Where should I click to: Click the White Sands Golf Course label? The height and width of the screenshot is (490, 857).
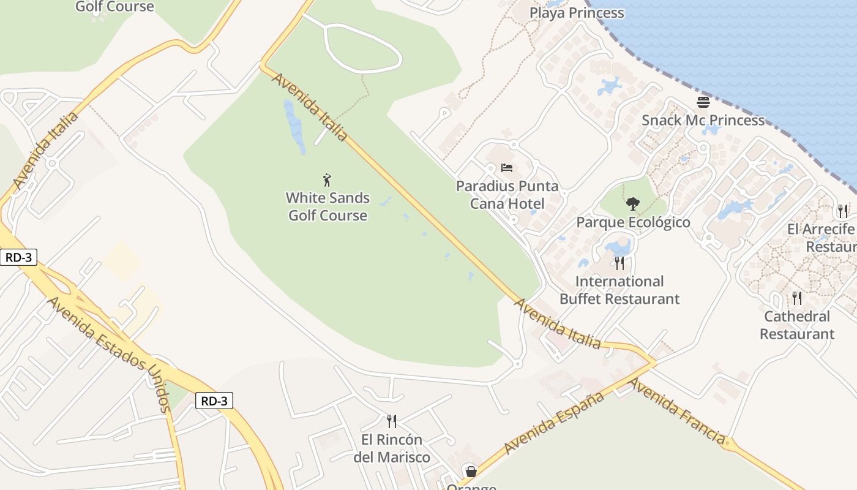click(328, 206)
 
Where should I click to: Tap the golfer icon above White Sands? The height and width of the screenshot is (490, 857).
click(327, 180)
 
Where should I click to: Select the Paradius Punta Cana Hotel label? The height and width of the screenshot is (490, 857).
click(507, 195)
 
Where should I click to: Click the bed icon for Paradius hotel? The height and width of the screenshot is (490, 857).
click(506, 168)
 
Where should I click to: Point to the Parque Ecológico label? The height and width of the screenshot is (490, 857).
click(633, 222)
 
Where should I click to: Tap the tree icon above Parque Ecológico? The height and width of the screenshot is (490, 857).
click(633, 203)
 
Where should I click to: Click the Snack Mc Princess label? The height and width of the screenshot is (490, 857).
click(703, 120)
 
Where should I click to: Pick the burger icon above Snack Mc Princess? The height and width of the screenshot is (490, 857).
click(703, 102)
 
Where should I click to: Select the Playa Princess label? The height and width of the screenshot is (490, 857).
click(577, 13)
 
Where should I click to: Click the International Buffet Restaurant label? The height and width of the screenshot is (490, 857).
click(619, 290)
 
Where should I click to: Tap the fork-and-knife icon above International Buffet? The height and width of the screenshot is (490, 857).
click(619, 263)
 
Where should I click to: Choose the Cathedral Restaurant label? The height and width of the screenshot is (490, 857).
click(797, 325)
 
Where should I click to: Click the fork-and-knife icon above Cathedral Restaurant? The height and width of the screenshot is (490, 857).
click(797, 298)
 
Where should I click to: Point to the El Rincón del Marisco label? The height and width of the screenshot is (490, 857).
click(392, 448)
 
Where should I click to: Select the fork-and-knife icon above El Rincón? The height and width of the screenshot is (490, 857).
click(392, 421)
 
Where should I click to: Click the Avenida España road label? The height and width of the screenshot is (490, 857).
click(554, 423)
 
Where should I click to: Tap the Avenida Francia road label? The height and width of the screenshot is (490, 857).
click(677, 411)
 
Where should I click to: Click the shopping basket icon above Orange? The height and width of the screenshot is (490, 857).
click(471, 472)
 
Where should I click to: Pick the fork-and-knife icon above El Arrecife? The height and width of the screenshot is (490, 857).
click(843, 211)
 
